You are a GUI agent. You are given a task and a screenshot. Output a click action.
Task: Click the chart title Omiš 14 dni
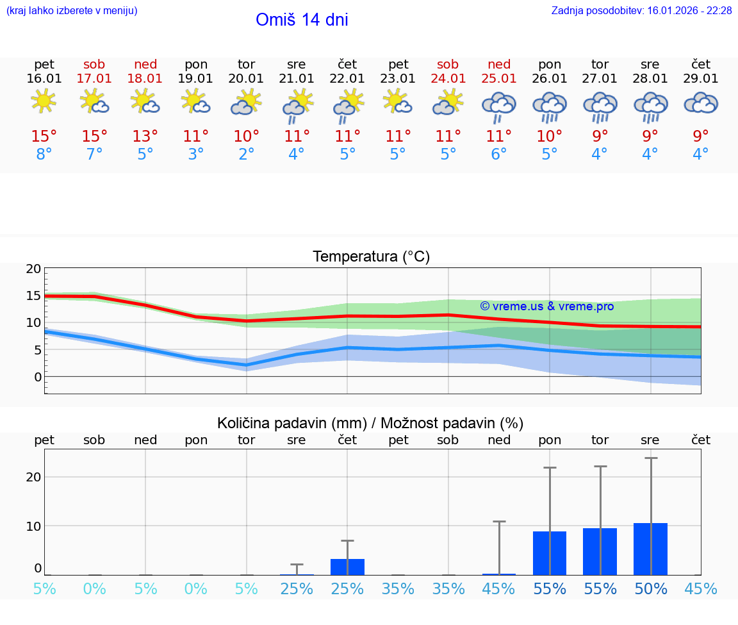302,20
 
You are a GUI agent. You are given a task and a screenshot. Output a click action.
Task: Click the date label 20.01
246,79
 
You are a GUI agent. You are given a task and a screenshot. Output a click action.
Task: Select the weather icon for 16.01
44,102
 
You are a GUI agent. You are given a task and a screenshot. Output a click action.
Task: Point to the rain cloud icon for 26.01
549,106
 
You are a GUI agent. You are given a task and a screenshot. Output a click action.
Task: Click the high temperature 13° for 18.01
145,137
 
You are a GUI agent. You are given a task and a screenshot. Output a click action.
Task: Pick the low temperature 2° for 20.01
246,154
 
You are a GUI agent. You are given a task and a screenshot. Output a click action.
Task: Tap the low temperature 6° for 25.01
498,154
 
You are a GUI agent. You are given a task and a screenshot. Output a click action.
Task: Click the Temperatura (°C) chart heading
371,257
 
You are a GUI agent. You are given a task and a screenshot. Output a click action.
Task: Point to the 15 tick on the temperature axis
33,296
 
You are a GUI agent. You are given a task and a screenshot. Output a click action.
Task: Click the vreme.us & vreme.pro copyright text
546,306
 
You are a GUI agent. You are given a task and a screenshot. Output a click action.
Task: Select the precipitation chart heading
370,423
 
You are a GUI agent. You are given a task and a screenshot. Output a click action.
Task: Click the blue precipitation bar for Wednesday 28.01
650,549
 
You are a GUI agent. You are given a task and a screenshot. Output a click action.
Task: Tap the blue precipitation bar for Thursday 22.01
347,567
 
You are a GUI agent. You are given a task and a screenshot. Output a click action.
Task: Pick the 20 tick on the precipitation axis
33,477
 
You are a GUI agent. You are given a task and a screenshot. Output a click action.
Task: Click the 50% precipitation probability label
650,589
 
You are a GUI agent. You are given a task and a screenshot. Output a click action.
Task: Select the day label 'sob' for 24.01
448,64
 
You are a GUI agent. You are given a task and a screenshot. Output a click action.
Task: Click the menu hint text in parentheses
72,11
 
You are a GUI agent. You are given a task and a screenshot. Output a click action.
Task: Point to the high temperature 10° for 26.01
549,137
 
